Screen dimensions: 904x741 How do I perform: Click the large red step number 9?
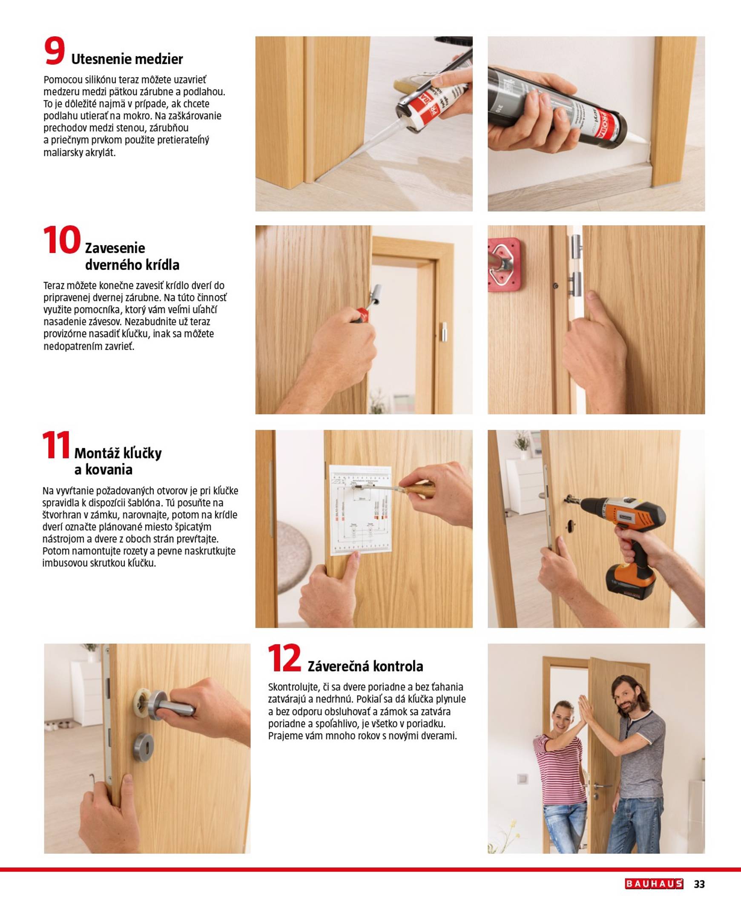pos(55,52)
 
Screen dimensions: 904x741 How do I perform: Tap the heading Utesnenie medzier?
pos(127,59)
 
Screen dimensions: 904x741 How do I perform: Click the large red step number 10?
pos(61,240)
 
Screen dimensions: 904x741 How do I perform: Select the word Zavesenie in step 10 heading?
pos(115,248)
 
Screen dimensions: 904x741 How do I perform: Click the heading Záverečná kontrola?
pos(365,666)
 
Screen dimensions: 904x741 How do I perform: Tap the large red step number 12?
pos(284,659)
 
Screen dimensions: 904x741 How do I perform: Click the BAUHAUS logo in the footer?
pos(654,884)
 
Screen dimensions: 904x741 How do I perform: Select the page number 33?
pos(699,884)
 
